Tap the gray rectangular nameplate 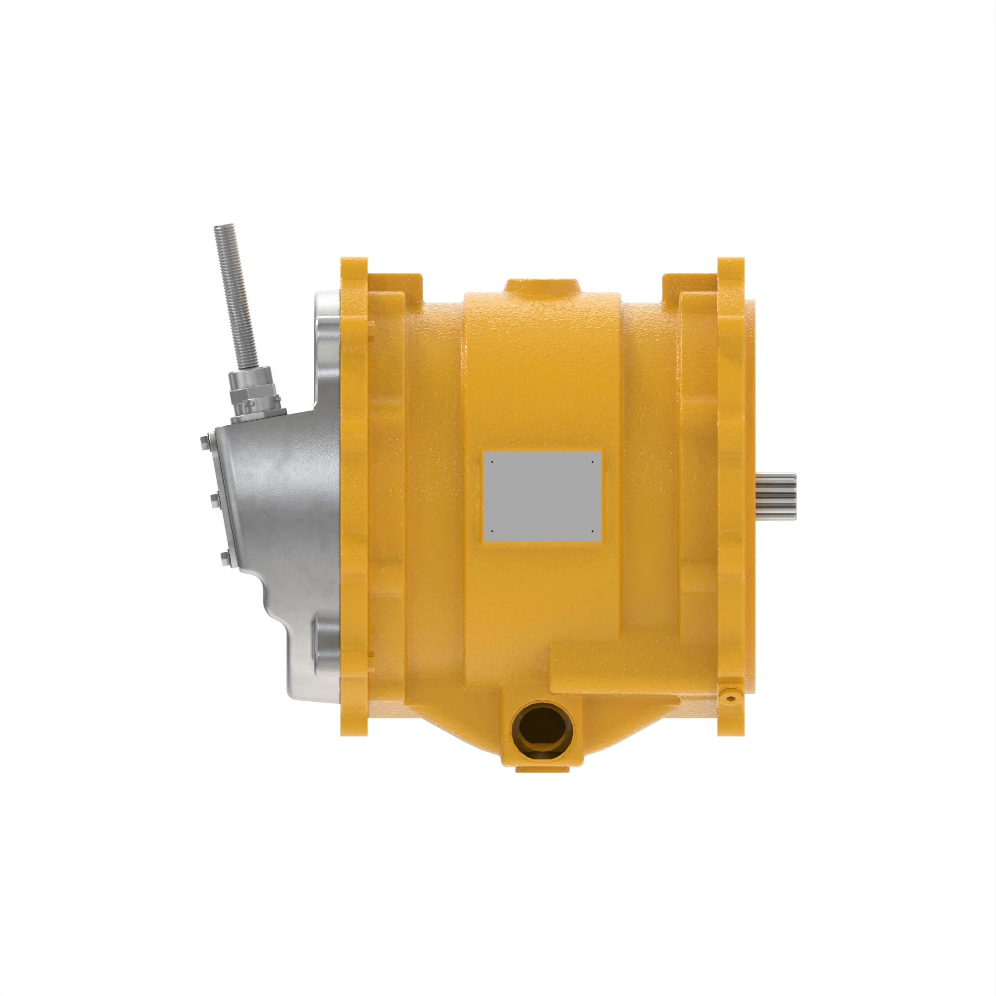coord(542,496)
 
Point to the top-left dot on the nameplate coord(492,462)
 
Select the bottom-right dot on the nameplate coord(593,530)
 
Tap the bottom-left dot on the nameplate coord(492,530)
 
